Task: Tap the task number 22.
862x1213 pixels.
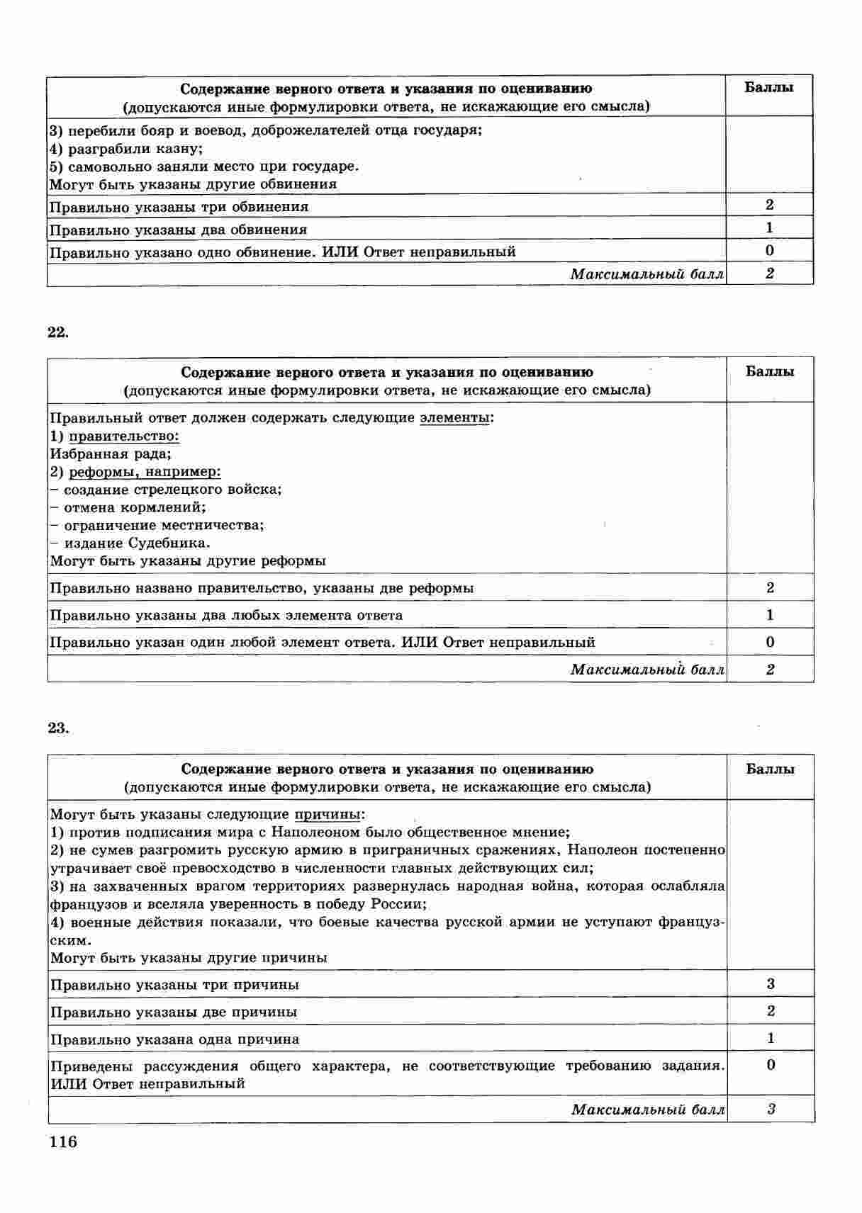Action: click(x=58, y=332)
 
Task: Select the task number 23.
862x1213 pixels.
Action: click(x=58, y=728)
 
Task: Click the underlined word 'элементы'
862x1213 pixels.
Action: click(x=454, y=417)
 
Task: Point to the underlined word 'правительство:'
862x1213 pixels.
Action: click(x=123, y=436)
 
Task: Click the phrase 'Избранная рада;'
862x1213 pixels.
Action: click(x=111, y=454)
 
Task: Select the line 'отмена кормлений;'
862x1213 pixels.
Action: click(x=134, y=507)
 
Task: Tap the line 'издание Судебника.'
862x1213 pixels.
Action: click(x=137, y=543)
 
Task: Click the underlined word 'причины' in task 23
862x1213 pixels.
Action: click(x=327, y=815)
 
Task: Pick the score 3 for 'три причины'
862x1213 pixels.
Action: click(x=771, y=983)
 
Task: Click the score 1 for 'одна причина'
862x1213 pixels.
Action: click(x=771, y=1039)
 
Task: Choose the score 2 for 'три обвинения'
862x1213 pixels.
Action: click(x=770, y=205)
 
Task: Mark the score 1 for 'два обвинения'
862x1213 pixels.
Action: click(x=770, y=228)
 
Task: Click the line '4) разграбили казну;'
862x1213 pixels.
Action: click(x=126, y=149)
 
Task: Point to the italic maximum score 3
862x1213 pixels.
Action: click(x=771, y=1110)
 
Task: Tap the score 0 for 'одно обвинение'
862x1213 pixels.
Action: click(x=770, y=251)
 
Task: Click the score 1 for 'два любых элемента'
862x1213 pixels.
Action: click(x=770, y=615)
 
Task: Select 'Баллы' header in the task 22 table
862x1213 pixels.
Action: click(x=770, y=372)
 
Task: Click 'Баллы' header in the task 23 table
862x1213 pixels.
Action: click(x=770, y=769)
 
